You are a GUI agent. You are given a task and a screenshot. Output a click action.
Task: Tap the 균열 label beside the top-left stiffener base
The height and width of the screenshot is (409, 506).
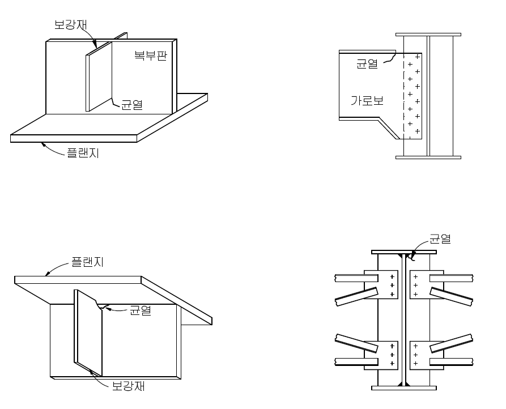131,104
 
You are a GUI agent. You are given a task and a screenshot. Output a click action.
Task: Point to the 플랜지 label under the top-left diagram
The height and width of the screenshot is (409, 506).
83,152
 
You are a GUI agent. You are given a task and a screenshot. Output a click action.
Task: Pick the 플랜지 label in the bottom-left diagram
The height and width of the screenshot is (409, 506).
87,262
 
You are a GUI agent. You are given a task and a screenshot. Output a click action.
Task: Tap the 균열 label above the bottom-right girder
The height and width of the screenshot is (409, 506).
440,238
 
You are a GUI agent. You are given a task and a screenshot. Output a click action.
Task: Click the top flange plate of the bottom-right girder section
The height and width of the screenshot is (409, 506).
403,252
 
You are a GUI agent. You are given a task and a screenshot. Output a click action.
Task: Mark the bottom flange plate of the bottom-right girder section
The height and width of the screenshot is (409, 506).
403,388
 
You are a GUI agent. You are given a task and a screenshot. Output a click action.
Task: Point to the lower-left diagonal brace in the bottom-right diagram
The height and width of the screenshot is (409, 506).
356,343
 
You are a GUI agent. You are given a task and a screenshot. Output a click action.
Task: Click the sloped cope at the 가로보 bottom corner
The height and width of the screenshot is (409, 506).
389,129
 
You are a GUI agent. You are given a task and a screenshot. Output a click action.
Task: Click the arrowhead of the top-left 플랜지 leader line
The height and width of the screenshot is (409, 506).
43,144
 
